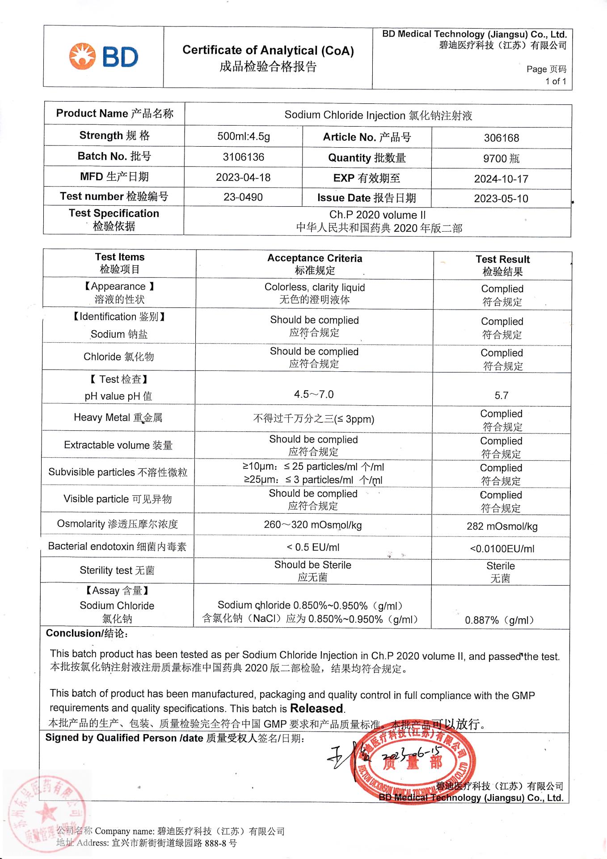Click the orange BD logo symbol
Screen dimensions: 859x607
coord(82,56)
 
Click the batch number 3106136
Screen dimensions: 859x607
coord(243,157)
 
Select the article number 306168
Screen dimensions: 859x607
coord(501,138)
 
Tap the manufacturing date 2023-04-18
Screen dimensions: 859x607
coord(243,177)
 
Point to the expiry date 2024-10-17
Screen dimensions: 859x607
coord(501,179)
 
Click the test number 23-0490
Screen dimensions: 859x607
coord(243,197)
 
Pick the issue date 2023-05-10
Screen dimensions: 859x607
coord(501,199)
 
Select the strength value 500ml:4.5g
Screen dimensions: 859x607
coord(243,136)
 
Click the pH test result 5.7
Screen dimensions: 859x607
coord(501,395)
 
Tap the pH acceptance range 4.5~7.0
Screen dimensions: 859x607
coord(314,394)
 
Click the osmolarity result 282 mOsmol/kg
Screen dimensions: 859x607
coord(502,526)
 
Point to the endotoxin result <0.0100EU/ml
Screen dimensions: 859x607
coord(502,549)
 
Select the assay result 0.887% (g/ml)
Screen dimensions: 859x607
coord(499,620)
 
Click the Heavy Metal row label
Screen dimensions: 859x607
coord(118,417)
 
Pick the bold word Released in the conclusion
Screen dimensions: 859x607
coord(317,708)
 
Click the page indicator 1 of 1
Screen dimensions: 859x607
coord(555,81)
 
